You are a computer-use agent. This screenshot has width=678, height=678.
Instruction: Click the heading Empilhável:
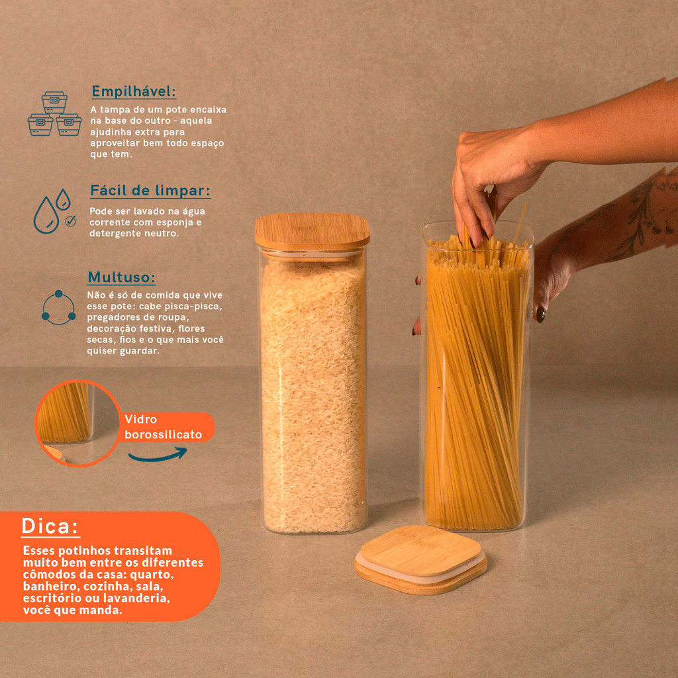coord(134,91)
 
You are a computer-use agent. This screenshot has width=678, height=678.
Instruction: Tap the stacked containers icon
coord(54,114)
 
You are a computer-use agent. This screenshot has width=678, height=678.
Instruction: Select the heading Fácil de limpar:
coord(150,191)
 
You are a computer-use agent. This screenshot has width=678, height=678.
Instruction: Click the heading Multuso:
coord(122,277)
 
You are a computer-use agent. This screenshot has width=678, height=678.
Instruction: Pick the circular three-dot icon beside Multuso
coord(58,307)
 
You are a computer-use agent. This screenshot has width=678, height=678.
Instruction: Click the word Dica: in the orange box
coord(50,526)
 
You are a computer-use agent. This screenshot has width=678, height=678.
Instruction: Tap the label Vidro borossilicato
coord(163,427)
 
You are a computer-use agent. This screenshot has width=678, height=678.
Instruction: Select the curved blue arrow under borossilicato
coord(158,454)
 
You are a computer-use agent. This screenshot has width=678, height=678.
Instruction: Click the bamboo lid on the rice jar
coord(312,232)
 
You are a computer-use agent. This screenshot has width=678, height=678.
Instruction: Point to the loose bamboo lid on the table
coord(420,559)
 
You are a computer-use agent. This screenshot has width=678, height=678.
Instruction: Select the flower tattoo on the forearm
coord(642,217)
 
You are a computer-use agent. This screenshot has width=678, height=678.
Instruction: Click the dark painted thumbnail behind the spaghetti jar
coord(541,314)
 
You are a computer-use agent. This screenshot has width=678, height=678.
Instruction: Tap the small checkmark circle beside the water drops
coord(70,221)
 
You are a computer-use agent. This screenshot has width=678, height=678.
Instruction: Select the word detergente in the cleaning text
coord(111,234)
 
